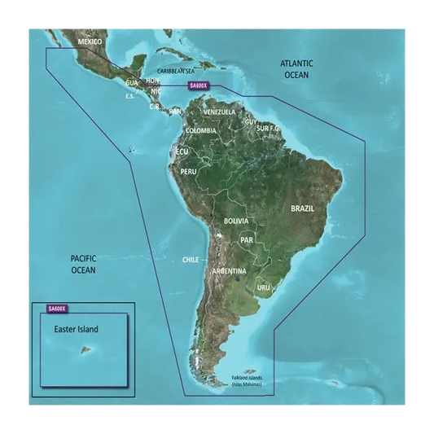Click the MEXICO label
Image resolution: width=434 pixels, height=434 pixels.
90,42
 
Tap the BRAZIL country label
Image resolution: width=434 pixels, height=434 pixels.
302,209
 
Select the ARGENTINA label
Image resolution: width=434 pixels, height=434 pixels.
229,270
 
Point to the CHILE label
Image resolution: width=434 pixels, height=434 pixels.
190,260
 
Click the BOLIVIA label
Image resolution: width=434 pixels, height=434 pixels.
235,221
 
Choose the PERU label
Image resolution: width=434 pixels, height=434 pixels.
189,172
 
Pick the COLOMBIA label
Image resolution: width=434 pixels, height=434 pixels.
201,130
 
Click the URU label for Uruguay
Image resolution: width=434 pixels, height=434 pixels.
263,287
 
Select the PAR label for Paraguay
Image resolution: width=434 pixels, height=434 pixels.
247,241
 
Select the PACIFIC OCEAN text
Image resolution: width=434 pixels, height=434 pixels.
83,264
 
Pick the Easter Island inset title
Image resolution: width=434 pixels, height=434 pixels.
76,329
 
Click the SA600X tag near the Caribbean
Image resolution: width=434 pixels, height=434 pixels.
198,85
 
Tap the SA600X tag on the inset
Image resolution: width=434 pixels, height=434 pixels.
57,309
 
